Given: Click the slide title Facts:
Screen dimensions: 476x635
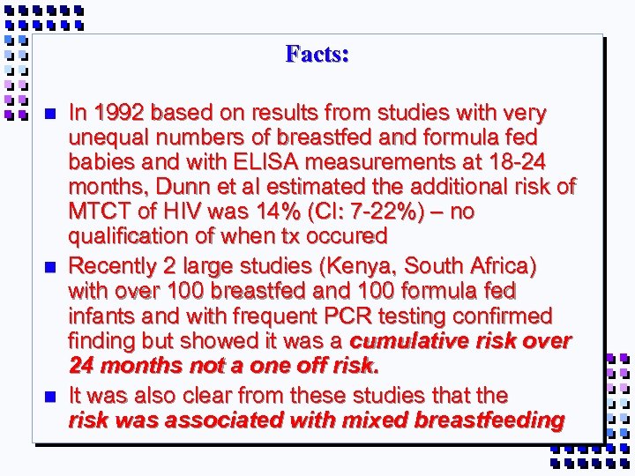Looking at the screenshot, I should click(x=317, y=55).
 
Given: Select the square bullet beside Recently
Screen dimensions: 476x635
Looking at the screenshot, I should click(x=49, y=266).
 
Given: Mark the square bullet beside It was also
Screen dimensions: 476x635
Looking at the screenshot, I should click(x=49, y=396).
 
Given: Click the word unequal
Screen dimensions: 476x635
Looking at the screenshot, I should click(x=105, y=138).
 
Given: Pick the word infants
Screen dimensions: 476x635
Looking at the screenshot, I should click(x=101, y=316).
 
